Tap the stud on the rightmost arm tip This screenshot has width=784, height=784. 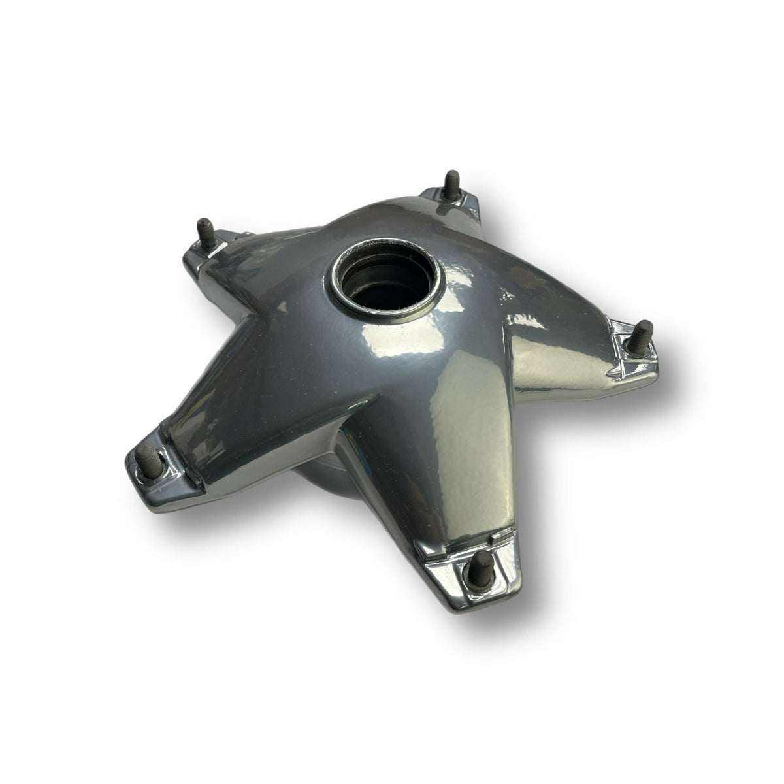641,338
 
